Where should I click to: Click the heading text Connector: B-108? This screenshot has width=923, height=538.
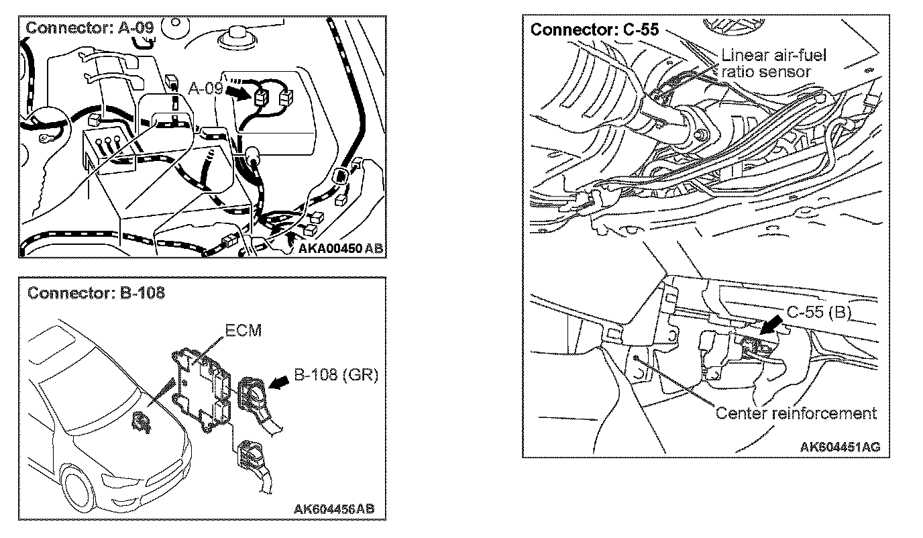[96, 294]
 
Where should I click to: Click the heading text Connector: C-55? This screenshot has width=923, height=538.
[594, 30]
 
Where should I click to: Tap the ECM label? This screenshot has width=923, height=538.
[243, 331]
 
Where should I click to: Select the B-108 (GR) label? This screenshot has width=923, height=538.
[337, 375]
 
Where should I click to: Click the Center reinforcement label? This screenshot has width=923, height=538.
[796, 413]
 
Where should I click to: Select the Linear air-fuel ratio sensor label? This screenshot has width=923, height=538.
[773, 62]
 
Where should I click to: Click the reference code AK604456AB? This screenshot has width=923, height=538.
[334, 508]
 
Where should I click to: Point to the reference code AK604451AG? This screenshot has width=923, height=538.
[840, 446]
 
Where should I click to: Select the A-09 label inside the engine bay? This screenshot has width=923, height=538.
[205, 87]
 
